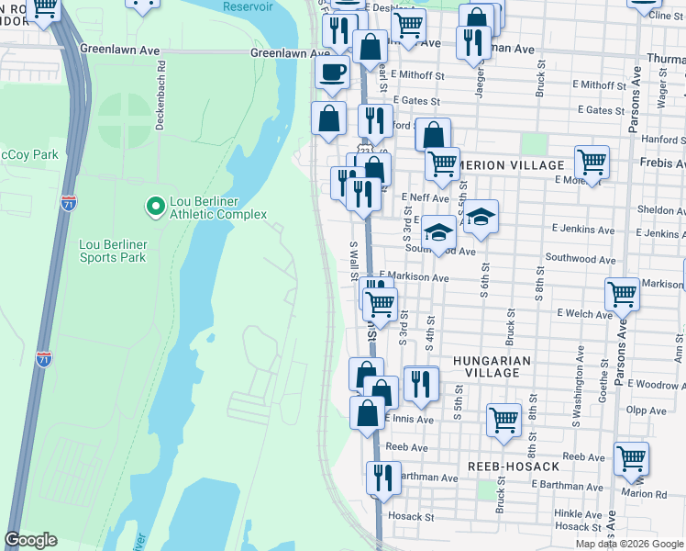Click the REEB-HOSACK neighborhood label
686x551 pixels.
point(513,467)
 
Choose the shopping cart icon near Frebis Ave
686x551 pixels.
point(592,162)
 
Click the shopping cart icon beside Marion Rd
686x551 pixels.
point(631,458)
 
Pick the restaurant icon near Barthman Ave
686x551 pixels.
point(382,477)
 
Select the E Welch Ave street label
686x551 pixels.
point(584,314)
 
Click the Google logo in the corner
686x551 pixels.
point(30,540)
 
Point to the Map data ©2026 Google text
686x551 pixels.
point(629,544)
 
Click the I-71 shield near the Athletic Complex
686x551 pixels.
point(70,203)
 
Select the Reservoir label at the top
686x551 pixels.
point(248,6)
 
